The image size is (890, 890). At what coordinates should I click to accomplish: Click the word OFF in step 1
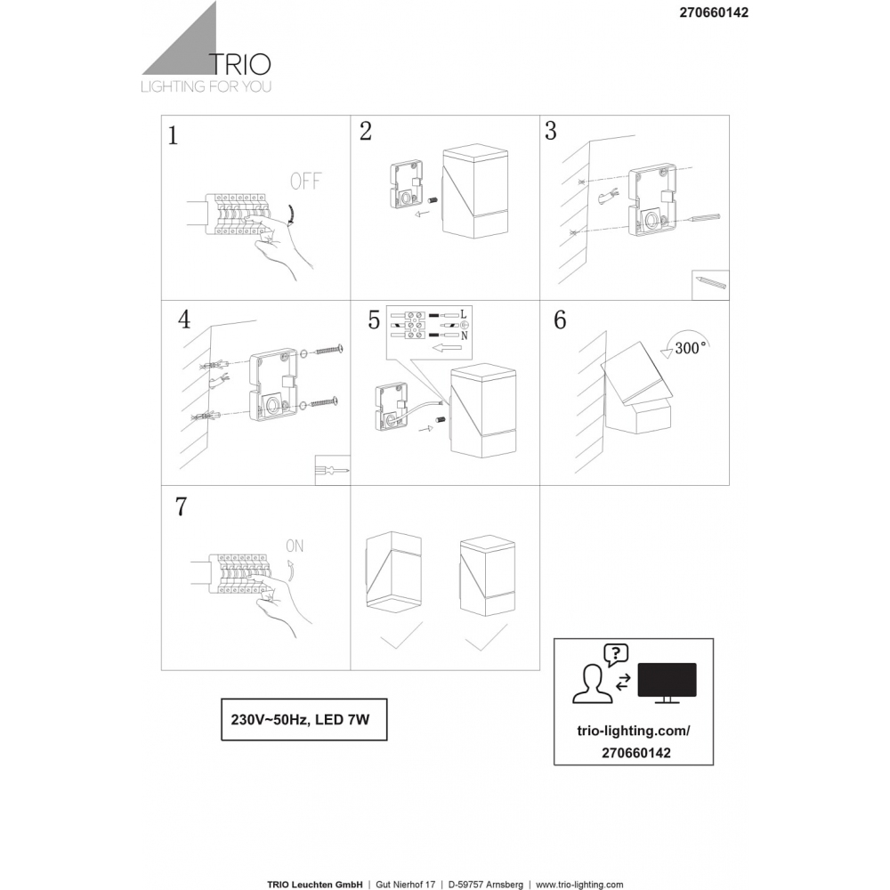pos(305,182)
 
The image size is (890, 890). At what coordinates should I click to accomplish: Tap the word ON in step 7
pos(295,546)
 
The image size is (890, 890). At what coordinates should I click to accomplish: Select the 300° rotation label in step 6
pos(691,348)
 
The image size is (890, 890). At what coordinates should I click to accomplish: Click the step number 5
pos(374,320)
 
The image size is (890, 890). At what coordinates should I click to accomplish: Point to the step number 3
pos(551,131)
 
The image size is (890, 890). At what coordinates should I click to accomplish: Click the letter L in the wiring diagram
pos(464,314)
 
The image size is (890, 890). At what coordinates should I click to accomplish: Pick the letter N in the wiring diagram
pos(465,336)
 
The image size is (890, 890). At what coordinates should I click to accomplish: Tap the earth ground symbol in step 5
pos(463,325)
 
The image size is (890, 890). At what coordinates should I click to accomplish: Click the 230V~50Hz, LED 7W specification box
pos(304,720)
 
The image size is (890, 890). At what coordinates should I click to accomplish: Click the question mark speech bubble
pos(616,655)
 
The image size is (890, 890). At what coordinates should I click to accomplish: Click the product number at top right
pos(714,12)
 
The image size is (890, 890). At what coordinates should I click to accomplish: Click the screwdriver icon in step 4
pos(333,470)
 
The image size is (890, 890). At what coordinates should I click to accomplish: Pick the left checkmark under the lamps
pos(401,636)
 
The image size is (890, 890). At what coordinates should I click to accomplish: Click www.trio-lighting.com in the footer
pos(579,885)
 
